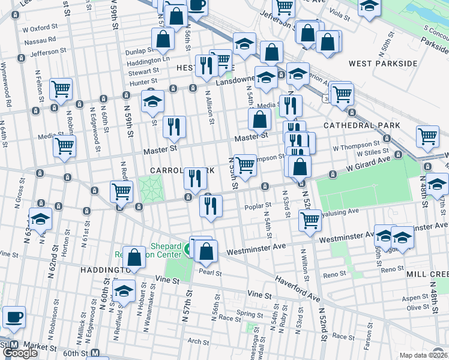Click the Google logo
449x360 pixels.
[20, 353]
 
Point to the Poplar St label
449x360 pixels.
[259, 206]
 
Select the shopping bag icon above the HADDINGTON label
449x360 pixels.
[135, 257]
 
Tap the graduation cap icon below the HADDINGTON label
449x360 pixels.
[124, 292]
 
